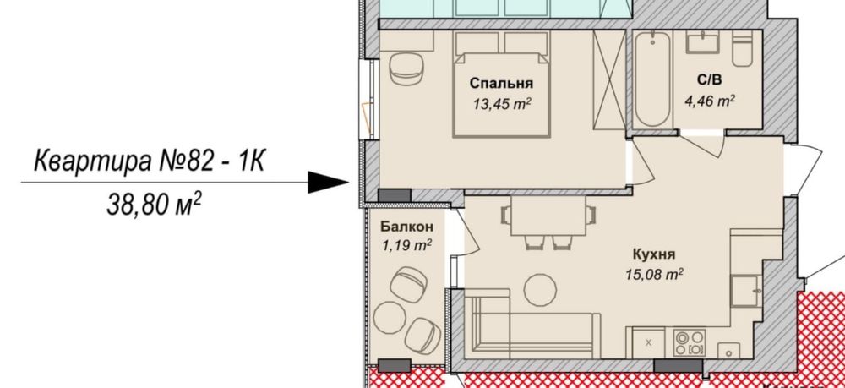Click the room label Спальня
tap(501, 84)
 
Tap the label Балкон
tap(406, 227)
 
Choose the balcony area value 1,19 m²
tap(406, 245)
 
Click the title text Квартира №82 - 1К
tap(149, 160)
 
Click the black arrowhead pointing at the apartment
tap(328, 182)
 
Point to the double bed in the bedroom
tap(502, 89)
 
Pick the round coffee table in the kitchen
tap(538, 291)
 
